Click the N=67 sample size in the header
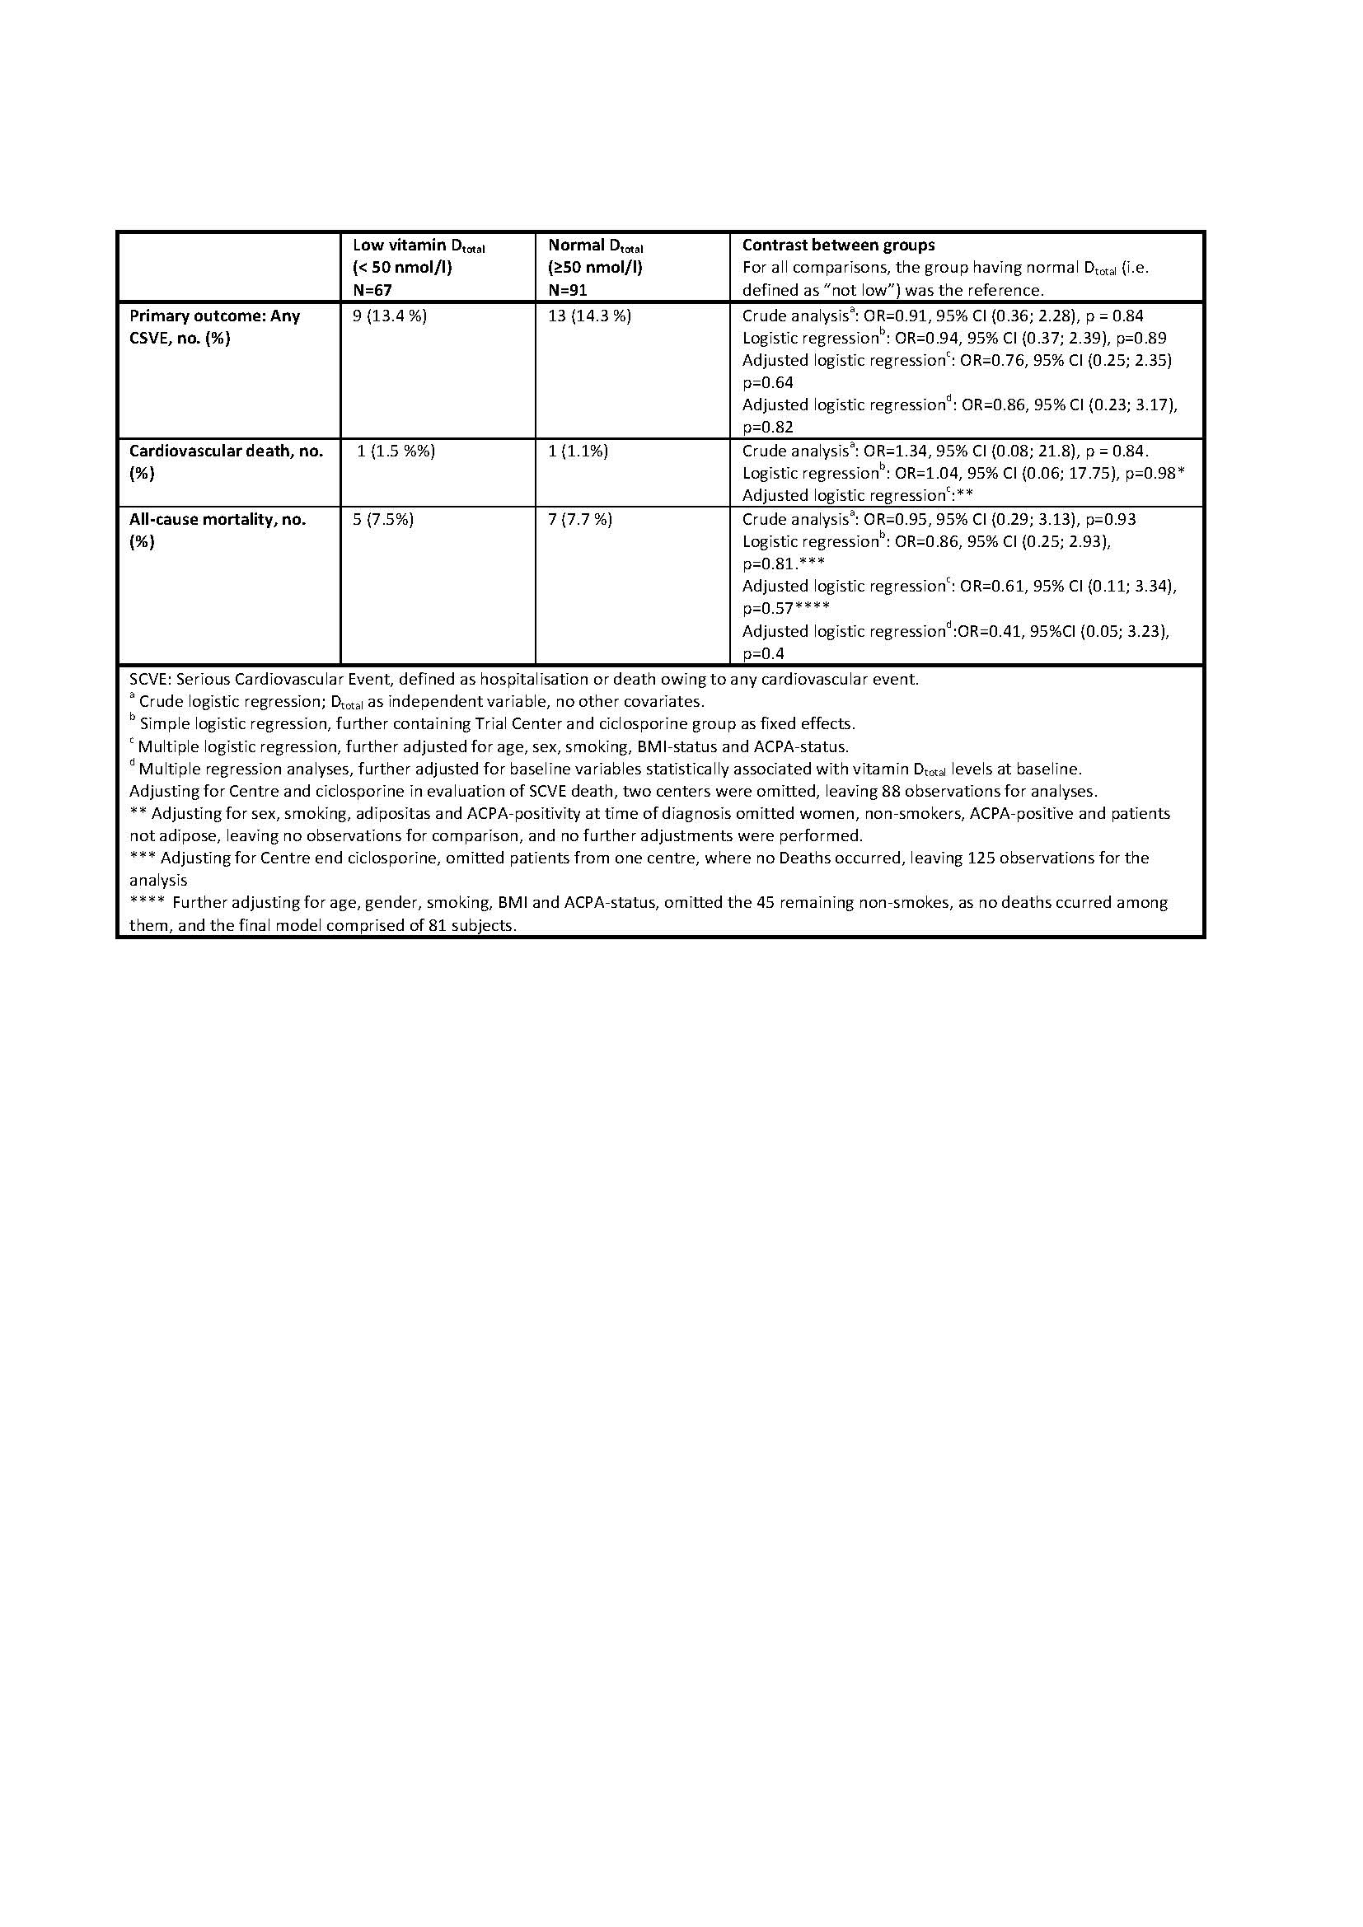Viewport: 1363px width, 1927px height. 372,290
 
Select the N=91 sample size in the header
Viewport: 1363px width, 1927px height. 567,290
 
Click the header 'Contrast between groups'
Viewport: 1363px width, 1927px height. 838,245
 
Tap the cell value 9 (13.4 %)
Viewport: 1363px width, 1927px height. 390,316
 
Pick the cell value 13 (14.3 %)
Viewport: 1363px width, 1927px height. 589,316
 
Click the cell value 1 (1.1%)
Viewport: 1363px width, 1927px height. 578,451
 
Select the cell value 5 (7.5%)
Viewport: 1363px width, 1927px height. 382,520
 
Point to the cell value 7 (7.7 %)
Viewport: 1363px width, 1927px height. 580,520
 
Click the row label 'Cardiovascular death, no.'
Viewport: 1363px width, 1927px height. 226,451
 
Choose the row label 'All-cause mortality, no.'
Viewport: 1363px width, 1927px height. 218,520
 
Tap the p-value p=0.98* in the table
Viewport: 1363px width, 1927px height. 1155,474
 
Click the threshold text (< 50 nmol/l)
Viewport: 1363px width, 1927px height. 402,268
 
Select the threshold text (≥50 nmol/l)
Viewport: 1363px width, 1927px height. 595,268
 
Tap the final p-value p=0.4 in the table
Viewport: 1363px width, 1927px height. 764,654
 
